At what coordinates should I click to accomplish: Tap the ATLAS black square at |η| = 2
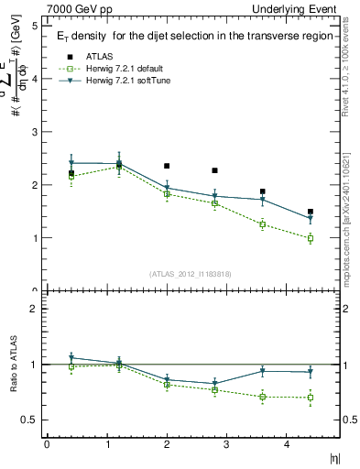167,166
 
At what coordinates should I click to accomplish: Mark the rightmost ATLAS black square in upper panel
311,212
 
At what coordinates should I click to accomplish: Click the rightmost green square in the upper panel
311,238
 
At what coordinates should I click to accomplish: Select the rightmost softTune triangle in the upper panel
311,219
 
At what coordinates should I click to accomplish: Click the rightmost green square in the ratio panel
311,398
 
